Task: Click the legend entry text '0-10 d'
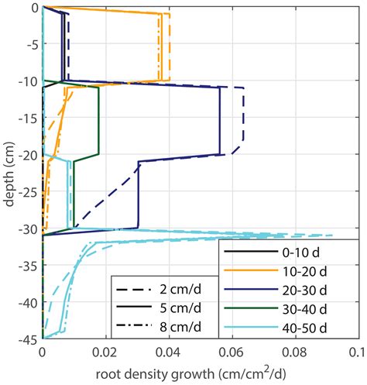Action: point(300,252)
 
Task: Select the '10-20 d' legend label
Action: point(304,271)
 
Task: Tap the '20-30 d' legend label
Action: point(304,290)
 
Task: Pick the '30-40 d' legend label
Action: point(304,309)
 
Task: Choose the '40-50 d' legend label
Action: point(304,328)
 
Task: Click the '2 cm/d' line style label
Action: point(180,290)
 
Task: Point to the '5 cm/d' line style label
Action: point(180,308)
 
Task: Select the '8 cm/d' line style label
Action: point(180,327)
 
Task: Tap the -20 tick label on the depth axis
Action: point(29,155)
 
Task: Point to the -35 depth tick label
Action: point(29,266)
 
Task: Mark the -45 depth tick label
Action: point(29,340)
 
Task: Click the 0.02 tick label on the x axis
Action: point(105,353)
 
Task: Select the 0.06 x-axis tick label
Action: point(232,353)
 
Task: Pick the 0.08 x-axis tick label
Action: point(296,353)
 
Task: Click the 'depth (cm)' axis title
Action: point(9,174)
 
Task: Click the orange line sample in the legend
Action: point(251,270)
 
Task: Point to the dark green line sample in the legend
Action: point(251,308)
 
